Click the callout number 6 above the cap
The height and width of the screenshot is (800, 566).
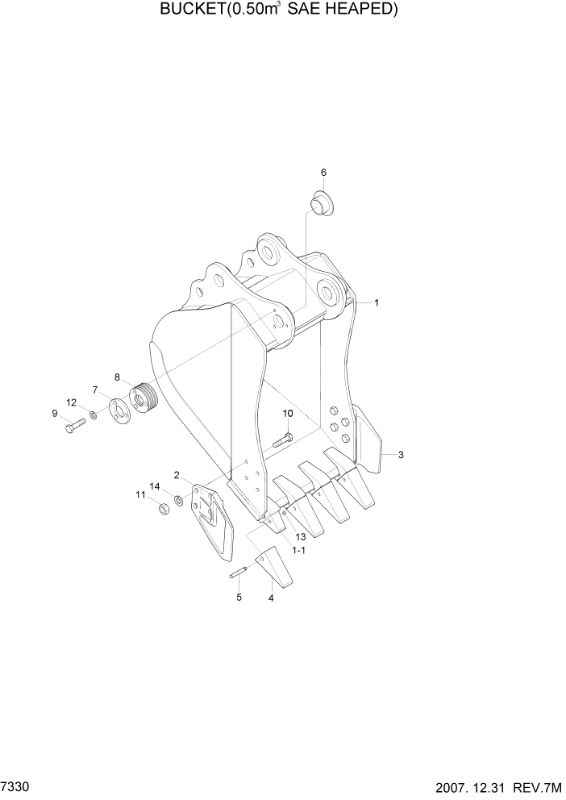[323, 172]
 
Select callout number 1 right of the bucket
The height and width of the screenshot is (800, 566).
[377, 303]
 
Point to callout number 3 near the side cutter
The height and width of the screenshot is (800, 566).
[401, 455]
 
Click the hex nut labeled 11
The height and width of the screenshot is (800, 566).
[161, 509]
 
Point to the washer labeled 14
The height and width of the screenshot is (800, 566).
[178, 501]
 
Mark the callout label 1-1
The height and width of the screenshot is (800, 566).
[298, 550]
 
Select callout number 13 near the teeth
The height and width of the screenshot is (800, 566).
[299, 536]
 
